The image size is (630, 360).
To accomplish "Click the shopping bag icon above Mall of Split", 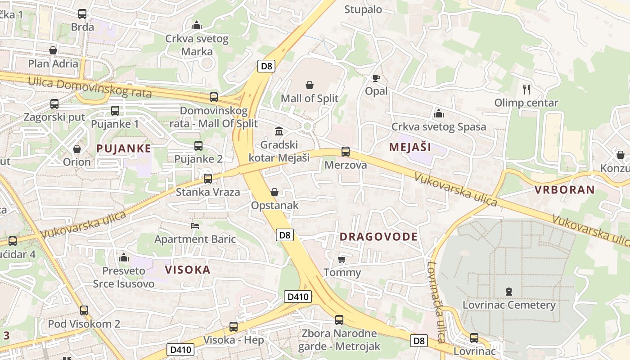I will [310, 85].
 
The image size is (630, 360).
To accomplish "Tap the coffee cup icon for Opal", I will [376, 78].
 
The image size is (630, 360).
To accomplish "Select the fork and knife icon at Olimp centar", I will [526, 89].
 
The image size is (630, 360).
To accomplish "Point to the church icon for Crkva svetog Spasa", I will [439, 113].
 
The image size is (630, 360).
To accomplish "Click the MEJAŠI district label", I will [410, 147].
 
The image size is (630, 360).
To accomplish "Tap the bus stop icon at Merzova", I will [346, 152].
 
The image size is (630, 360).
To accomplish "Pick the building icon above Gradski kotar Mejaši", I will [279, 131].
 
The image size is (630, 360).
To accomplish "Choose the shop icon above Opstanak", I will [274, 192].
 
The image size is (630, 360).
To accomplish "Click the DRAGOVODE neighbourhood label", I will [378, 237].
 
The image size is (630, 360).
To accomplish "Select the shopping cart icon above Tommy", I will [342, 259].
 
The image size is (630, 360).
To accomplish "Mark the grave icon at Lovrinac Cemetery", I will [509, 292].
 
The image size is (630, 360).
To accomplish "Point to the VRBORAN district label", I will [565, 189].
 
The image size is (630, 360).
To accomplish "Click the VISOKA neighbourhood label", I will [188, 270].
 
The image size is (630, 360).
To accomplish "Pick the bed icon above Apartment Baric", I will [195, 225].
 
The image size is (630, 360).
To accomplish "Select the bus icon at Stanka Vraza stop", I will [208, 179].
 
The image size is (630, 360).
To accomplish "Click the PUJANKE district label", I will [124, 148].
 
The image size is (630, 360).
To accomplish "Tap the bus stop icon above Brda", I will [82, 14].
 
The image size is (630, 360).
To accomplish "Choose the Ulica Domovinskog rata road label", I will [90, 87].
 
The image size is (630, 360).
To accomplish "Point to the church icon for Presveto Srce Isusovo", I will [124, 257].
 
